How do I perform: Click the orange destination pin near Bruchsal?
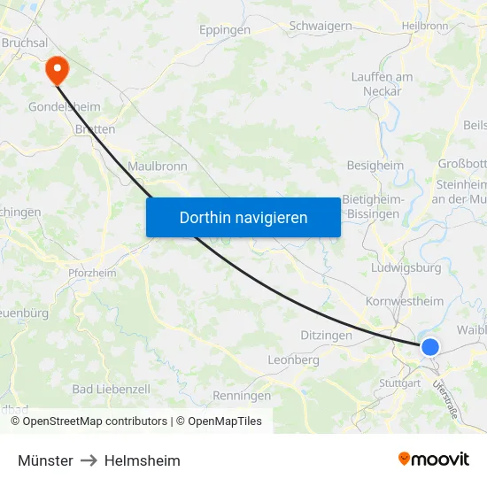56,67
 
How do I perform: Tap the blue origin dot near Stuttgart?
429,346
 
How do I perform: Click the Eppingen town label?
225,29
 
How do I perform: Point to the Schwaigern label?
321,26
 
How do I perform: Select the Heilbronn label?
425,27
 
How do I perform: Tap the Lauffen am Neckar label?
382,84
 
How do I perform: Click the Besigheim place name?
375,165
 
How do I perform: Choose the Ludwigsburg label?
407,267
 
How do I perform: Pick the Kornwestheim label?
405,301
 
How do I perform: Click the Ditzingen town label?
326,336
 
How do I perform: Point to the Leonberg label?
293,360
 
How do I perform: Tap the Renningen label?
242,396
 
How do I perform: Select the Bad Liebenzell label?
111,389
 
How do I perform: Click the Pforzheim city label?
92,273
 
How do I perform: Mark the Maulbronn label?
157,166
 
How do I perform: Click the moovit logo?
433,460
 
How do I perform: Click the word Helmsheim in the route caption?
142,460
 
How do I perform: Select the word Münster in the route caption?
45,460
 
